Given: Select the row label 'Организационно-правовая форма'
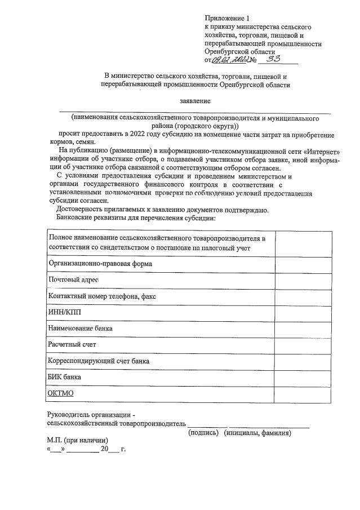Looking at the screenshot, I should (x=100, y=263).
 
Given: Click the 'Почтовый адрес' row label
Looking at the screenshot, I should (x=74, y=280).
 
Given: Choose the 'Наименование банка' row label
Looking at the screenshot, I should (x=81, y=328).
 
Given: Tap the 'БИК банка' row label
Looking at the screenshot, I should (x=65, y=376).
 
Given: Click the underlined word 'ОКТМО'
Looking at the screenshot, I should (x=61, y=392).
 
